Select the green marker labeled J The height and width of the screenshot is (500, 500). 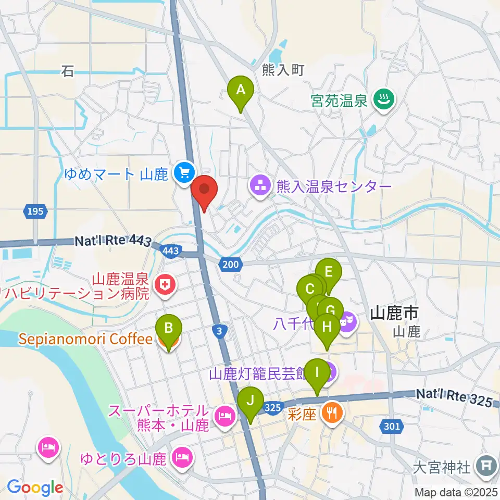click(x=250, y=402)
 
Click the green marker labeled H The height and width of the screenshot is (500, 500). click(x=327, y=328)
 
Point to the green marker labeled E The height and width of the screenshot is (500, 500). click(x=328, y=272)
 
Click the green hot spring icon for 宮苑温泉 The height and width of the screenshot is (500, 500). click(x=385, y=98)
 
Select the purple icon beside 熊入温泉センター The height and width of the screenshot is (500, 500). click(x=259, y=186)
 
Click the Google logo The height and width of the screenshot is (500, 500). click(x=35, y=488)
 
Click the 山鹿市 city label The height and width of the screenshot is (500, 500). click(x=395, y=313)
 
